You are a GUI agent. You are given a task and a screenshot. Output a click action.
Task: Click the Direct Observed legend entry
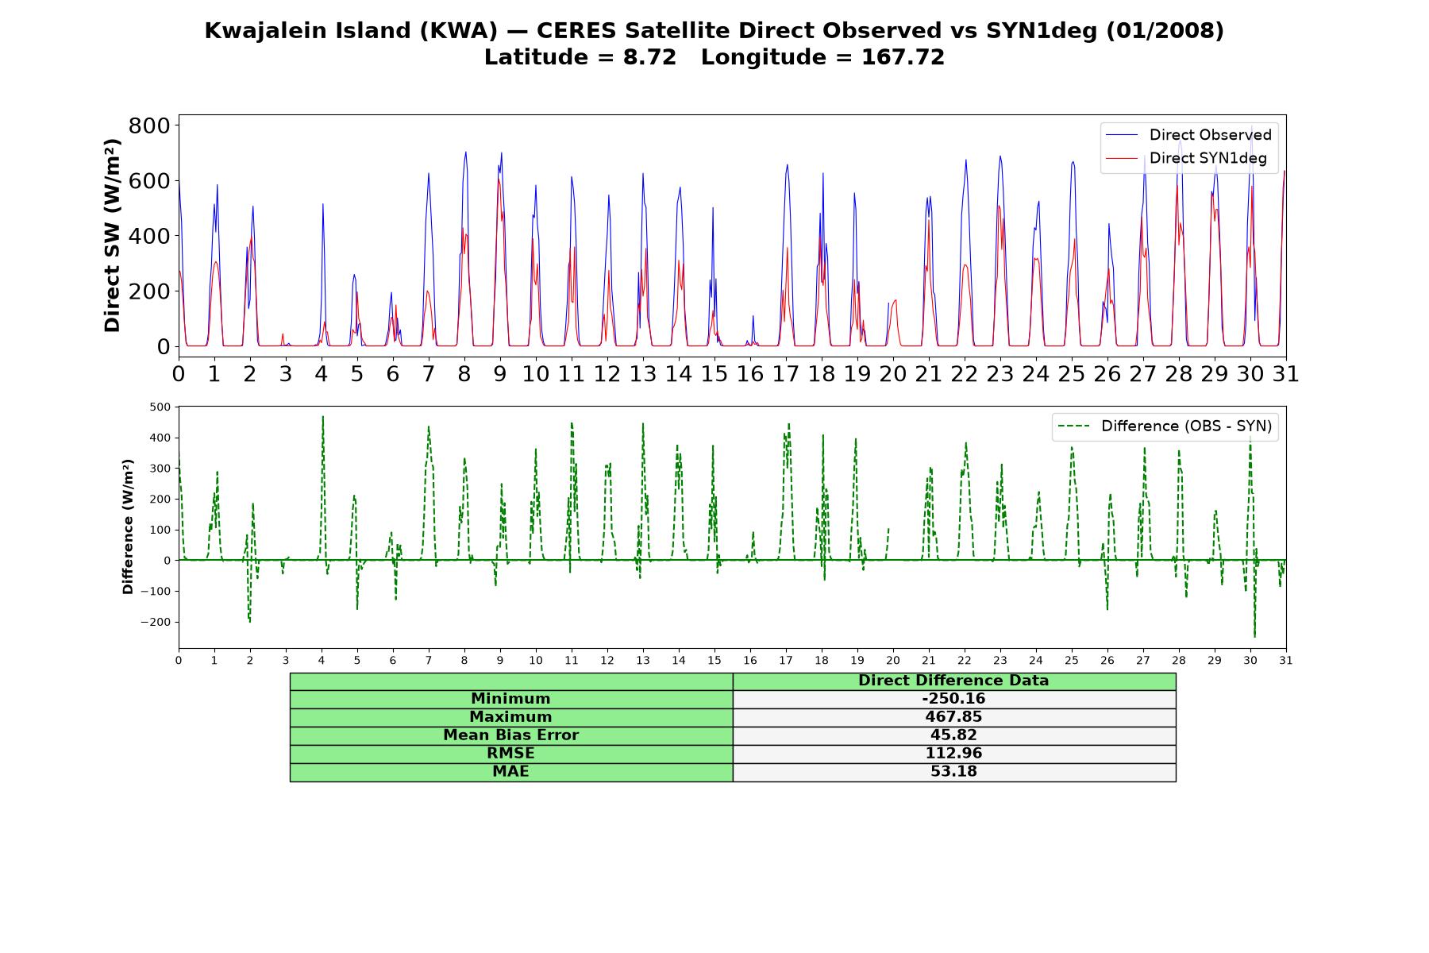1188,135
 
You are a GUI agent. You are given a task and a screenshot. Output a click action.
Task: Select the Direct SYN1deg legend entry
1186,158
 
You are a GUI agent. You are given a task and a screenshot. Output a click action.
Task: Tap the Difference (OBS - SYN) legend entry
1165,426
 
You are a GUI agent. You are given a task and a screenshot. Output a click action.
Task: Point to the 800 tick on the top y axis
149,125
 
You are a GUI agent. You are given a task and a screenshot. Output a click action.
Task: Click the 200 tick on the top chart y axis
149,291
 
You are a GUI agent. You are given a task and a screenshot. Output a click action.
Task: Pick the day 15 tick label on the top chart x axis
714,373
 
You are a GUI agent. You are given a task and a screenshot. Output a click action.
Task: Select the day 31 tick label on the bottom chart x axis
1285,660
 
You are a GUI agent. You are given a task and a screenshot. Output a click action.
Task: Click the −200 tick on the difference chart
156,622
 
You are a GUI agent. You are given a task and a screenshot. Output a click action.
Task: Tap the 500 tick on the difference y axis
160,407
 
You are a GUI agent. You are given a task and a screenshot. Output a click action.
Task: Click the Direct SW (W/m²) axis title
112,236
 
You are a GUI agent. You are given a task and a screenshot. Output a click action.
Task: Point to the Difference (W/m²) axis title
128,527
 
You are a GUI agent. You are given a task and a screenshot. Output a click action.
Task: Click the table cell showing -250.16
953,699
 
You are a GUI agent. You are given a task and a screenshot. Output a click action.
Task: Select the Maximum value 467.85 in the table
953,717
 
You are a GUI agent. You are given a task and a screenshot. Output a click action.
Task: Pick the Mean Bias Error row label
510,735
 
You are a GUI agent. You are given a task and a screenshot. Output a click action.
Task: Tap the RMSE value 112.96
953,754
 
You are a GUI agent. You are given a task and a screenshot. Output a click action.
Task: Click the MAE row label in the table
510,772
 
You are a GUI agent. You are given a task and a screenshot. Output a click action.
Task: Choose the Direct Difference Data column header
953,681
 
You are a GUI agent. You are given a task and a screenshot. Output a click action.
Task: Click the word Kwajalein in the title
260,31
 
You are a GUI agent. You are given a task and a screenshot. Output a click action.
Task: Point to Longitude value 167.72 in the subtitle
903,58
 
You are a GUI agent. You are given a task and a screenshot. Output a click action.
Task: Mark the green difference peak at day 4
322,416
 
